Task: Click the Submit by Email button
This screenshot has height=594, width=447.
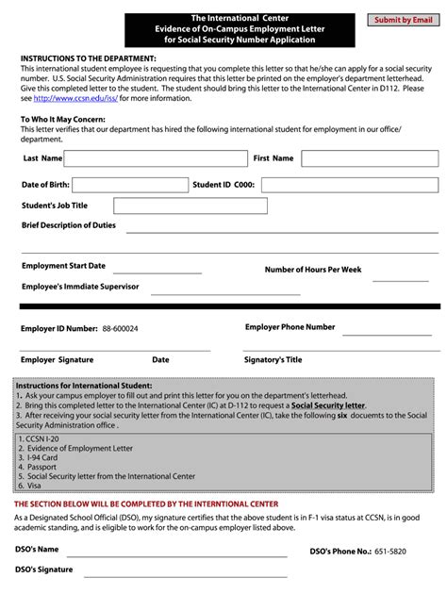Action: (404, 19)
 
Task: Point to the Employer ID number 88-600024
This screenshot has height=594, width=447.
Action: (120, 329)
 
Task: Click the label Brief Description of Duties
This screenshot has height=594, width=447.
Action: (69, 226)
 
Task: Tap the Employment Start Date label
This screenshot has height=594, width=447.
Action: (63, 266)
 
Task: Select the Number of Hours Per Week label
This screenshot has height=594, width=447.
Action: (312, 270)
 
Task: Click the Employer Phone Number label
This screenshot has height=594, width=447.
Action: (290, 327)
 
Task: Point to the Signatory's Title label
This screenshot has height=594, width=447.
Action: (273, 359)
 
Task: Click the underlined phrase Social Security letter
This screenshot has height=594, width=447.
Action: (328, 405)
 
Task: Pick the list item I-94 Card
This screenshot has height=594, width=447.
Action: (36, 458)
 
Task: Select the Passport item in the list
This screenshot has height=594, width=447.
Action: (35, 468)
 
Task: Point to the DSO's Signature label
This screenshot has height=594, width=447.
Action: (43, 569)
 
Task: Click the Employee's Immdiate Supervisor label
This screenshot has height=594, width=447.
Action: (80, 286)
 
